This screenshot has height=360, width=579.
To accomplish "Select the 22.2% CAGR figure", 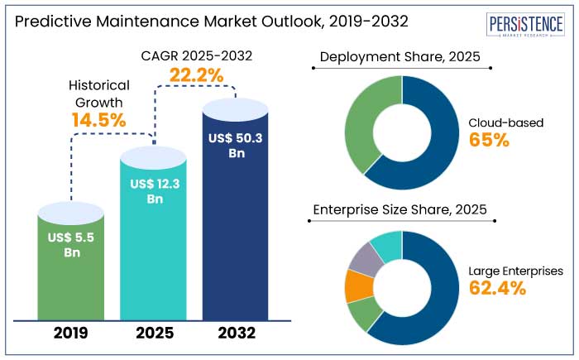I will pos(197,75).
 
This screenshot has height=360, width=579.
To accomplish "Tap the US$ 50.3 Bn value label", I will pos(236,145).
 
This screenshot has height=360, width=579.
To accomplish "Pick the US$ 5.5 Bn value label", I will pos(71,245).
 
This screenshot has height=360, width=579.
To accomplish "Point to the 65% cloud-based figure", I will pos(489,140).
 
